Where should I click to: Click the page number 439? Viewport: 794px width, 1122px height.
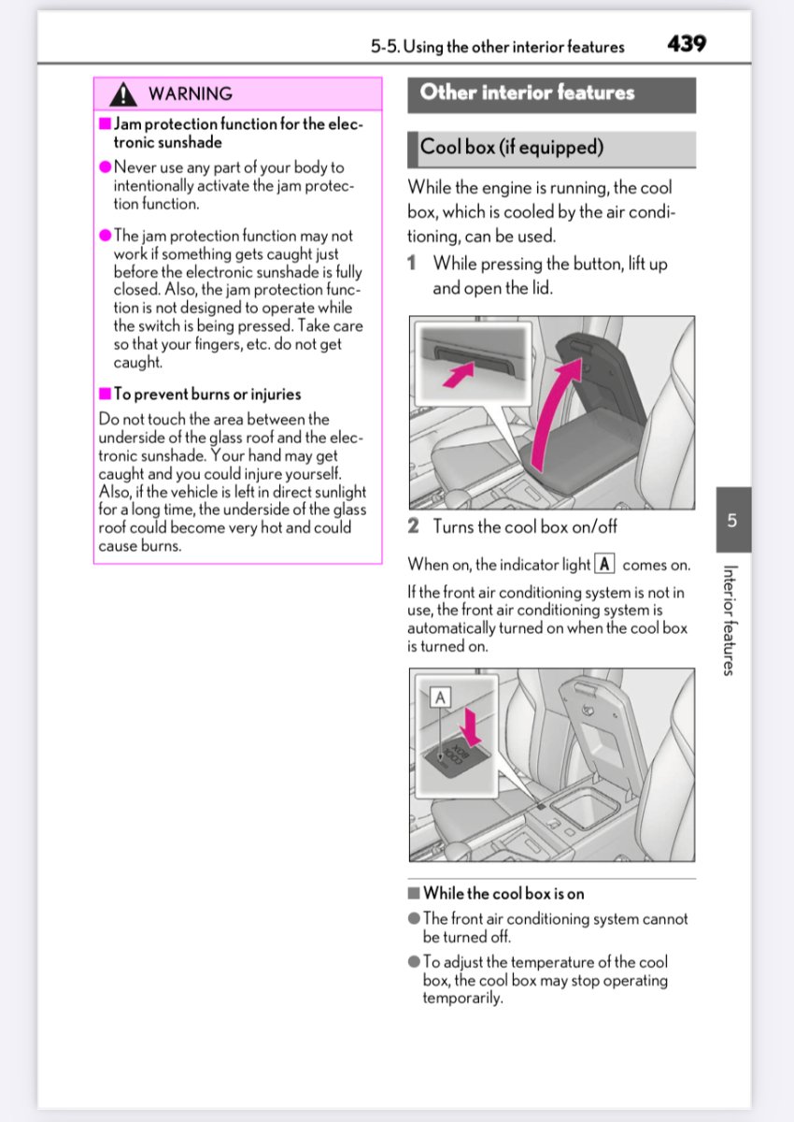pyautogui.click(x=687, y=44)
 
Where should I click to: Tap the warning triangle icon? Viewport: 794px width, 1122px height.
pyautogui.click(x=122, y=93)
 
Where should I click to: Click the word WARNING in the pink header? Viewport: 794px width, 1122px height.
pyautogui.click(x=191, y=93)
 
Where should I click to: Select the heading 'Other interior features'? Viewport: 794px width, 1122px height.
pyautogui.click(x=527, y=93)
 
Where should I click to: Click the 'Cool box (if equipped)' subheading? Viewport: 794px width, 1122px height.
pyautogui.click(x=512, y=147)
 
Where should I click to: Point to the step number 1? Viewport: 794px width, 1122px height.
pyautogui.click(x=413, y=264)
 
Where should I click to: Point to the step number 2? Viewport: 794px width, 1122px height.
pyautogui.click(x=413, y=526)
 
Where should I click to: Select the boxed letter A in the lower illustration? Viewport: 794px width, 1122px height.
pyautogui.click(x=439, y=697)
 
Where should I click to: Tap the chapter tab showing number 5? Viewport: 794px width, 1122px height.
pyautogui.click(x=733, y=520)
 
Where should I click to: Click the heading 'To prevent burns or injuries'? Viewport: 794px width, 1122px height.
pyautogui.click(x=206, y=395)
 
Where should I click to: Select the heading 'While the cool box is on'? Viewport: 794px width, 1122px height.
pyautogui.click(x=503, y=894)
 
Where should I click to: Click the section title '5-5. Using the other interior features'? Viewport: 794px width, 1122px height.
pyautogui.click(x=497, y=46)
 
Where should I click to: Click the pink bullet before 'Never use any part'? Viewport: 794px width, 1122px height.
pyautogui.click(x=106, y=167)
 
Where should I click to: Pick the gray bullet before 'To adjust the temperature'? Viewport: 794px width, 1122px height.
pyautogui.click(x=414, y=962)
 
